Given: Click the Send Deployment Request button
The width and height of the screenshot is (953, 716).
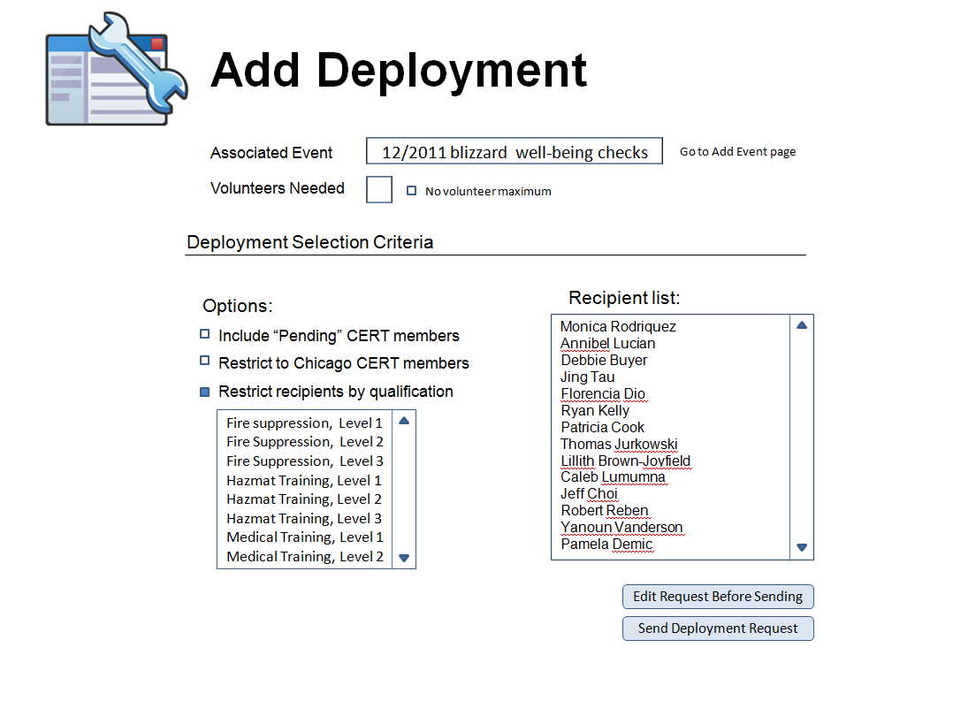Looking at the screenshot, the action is coord(718,628).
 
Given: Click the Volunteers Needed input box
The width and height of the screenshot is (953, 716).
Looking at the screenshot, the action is coord(379,190).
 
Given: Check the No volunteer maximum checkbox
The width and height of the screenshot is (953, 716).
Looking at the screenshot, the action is coord(411,191).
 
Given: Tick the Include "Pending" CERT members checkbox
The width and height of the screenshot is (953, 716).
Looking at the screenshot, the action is coord(205,334).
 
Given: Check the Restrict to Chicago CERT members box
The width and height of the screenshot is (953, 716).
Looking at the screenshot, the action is coord(205,361).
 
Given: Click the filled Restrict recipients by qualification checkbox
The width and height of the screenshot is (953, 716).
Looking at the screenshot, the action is coord(205,392).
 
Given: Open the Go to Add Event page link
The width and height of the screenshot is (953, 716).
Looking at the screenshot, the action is coord(737,152).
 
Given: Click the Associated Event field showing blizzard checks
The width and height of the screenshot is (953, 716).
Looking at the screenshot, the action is coord(515,151).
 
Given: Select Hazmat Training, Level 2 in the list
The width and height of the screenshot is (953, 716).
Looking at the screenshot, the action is coord(304,499).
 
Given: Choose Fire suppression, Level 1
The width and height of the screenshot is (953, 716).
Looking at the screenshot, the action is coord(304,423).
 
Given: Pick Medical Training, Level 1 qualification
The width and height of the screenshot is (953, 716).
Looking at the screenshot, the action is coord(305,537).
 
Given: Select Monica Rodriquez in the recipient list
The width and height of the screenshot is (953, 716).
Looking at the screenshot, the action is coord(618,327).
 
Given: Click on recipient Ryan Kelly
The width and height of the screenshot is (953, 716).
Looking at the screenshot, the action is coord(595,411).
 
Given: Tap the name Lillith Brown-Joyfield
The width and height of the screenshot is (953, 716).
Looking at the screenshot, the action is coord(625,461).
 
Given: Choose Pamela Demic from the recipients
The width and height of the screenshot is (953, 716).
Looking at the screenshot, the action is coord(606,544).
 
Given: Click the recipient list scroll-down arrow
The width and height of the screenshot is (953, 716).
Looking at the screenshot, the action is coord(802,548).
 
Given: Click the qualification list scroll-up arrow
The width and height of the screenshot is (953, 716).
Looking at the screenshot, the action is coord(404,421).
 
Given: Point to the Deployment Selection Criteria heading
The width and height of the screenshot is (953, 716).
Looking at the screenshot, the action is coord(310,242).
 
